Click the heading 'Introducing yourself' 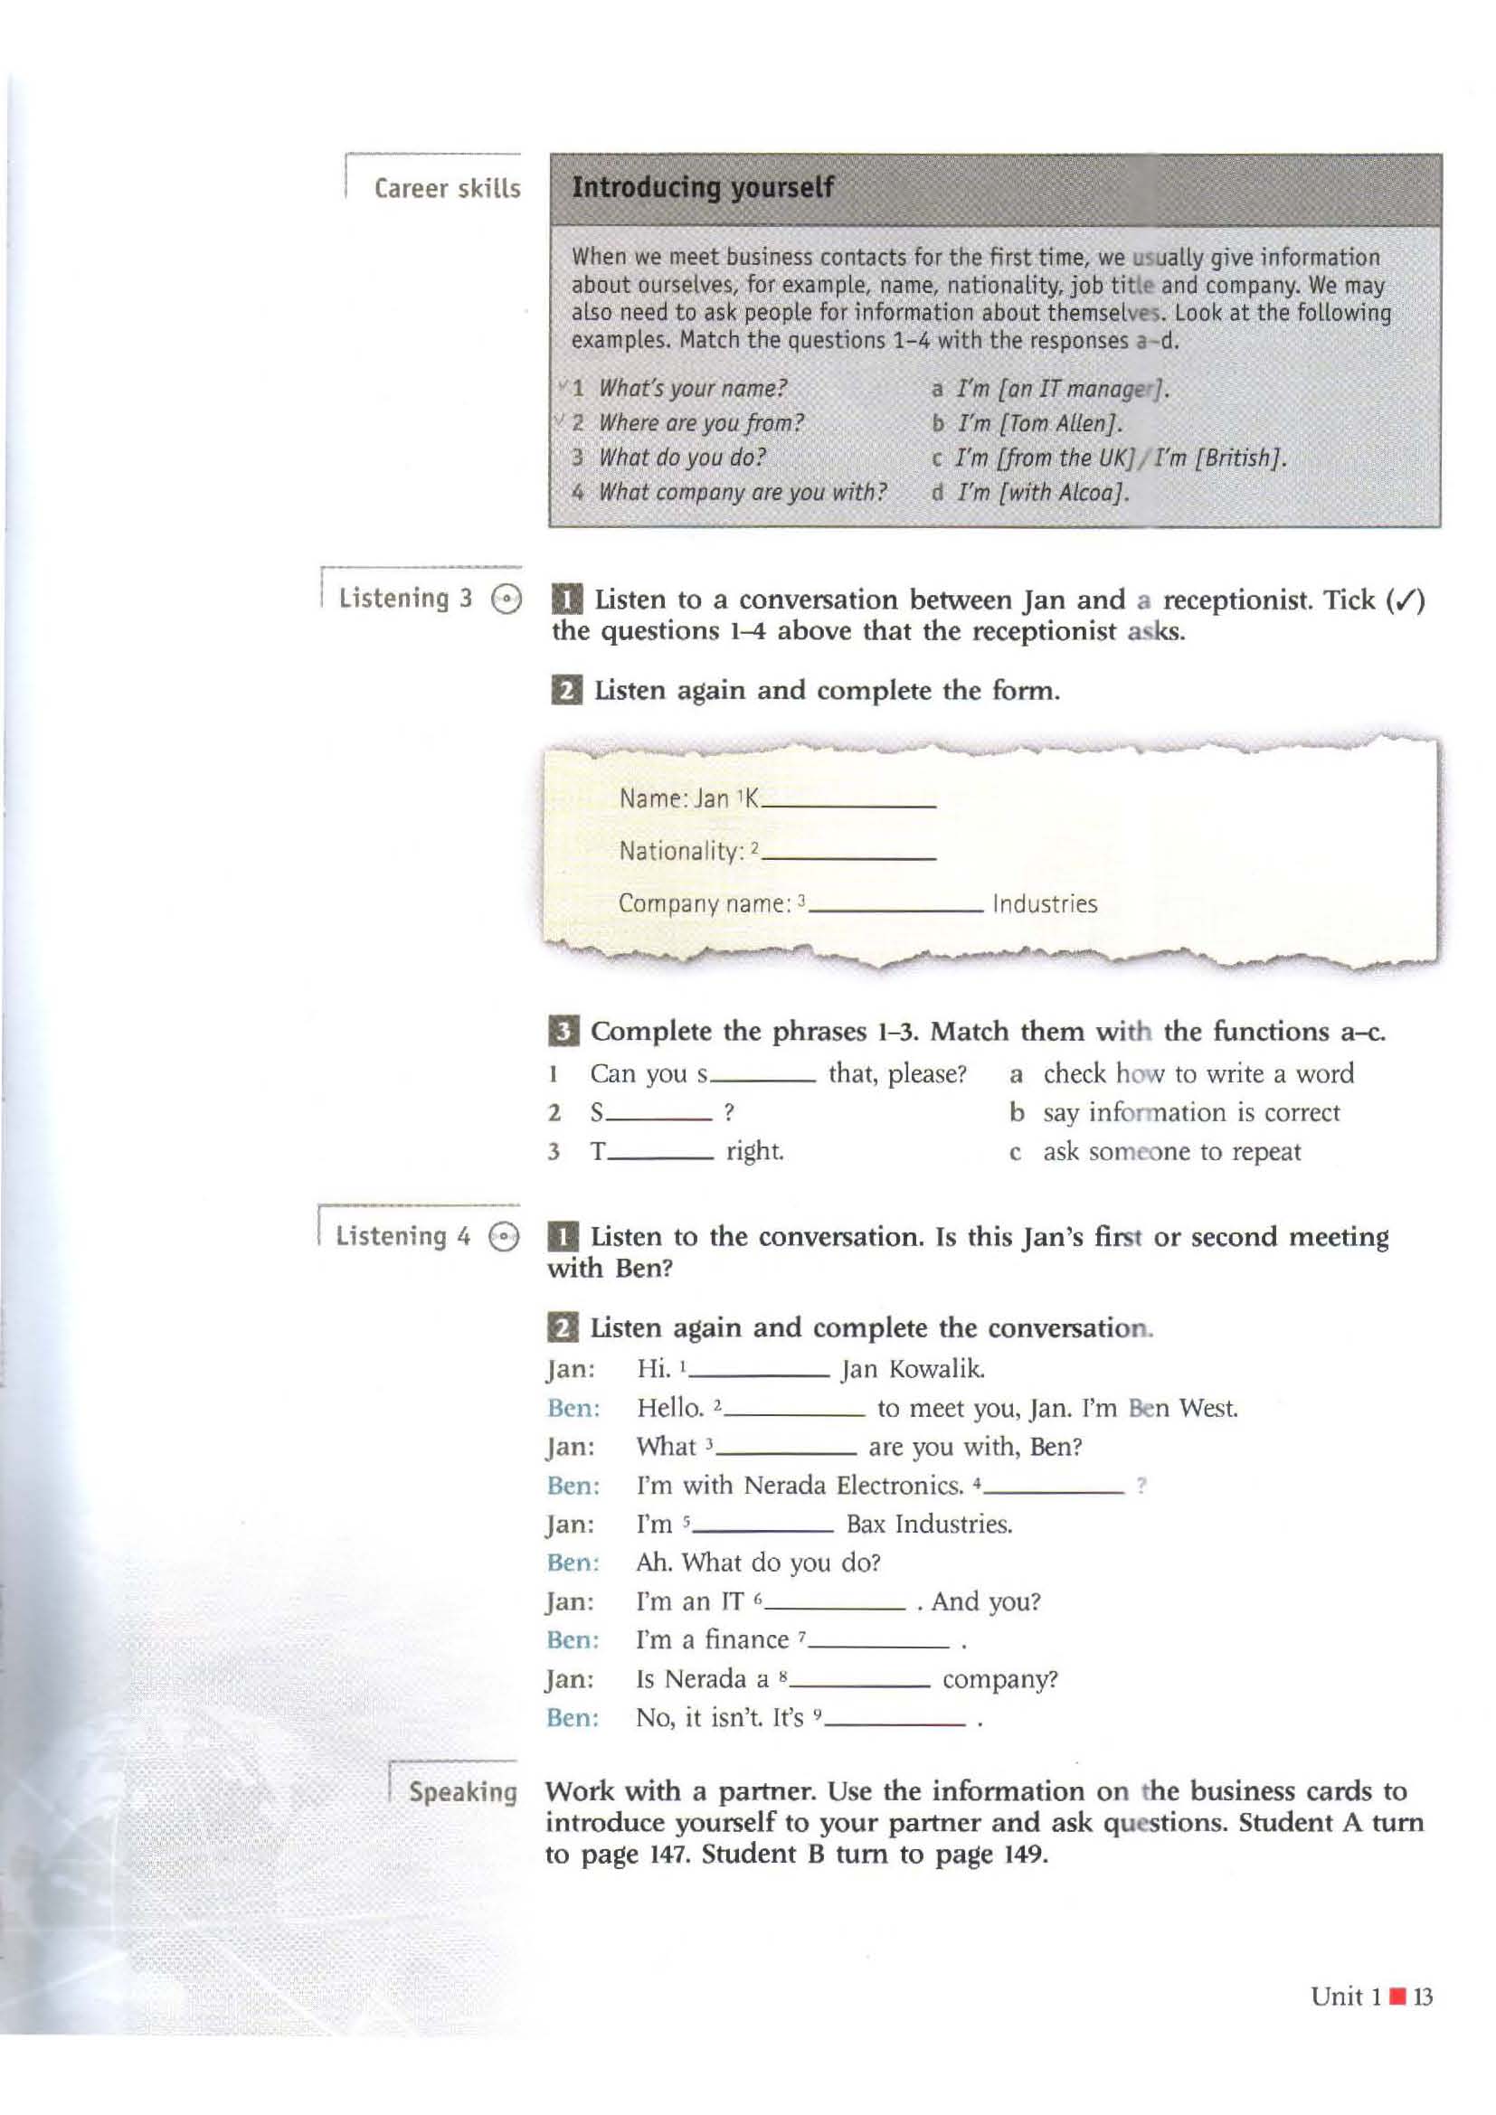[702, 188]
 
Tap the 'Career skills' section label [447, 189]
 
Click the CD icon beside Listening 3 [506, 600]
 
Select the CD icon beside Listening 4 [504, 1237]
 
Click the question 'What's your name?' [693, 389]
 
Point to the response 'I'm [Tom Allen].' [1040, 424]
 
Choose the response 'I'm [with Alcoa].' [1043, 493]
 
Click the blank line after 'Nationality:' [849, 854]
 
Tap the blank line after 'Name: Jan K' [849, 802]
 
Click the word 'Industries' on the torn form [1045, 903]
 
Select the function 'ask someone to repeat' [1171, 1151]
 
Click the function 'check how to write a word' [1198, 1073]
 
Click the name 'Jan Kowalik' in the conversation [912, 1369]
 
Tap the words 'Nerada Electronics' [853, 1485]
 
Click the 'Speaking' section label [462, 1791]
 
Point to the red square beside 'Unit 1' [1397, 1997]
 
